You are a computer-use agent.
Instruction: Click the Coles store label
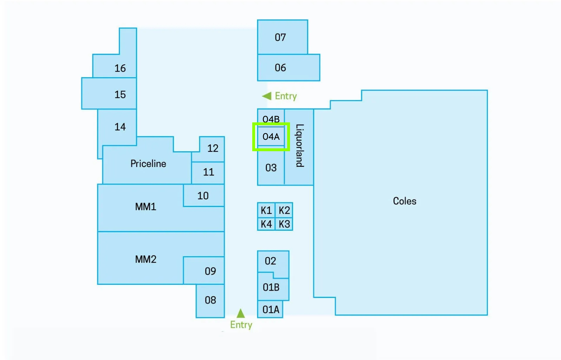[404, 201]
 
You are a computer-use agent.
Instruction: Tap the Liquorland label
[300, 146]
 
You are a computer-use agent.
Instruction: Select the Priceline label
[148, 163]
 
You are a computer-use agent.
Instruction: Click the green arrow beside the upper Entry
[266, 96]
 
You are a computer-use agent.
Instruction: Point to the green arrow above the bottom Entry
[240, 313]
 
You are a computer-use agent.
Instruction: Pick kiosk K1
[266, 210]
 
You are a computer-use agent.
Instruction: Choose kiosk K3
[284, 224]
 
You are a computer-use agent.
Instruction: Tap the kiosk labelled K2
[284, 210]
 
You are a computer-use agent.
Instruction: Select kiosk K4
[266, 224]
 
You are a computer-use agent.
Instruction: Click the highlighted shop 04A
[271, 137]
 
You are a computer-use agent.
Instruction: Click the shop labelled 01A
[270, 309]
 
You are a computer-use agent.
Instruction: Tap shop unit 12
[212, 149]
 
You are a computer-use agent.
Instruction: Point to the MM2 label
[146, 259]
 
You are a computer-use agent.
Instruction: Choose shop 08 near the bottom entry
[210, 301]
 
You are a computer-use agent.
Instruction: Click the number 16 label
[120, 68]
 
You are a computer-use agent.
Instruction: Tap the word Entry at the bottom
[241, 325]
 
